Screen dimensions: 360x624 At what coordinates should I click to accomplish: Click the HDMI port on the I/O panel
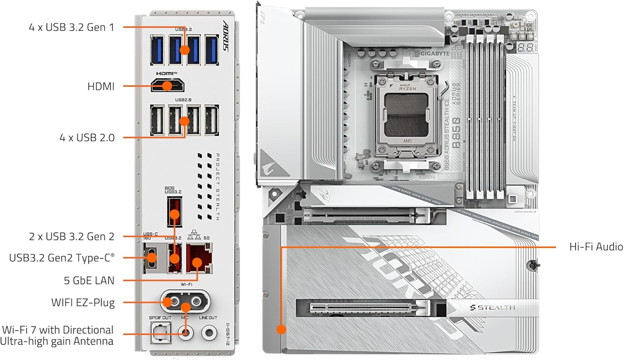[168, 86]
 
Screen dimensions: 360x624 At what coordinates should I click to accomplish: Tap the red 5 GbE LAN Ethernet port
[198, 259]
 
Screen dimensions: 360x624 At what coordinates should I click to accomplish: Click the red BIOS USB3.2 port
[174, 212]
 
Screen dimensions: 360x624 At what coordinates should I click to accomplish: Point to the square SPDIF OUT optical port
[160, 332]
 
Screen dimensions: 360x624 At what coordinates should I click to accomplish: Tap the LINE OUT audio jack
[209, 333]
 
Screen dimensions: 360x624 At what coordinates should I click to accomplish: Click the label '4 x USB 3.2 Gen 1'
[71, 27]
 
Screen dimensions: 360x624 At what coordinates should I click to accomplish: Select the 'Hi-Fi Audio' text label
[596, 247]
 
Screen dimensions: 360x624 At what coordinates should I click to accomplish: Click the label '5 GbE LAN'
[89, 281]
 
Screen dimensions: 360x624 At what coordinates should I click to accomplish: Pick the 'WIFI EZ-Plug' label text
[83, 303]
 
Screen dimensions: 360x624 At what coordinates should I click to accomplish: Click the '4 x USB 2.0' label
[87, 138]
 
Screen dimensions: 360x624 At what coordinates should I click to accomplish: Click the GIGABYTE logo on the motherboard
[435, 54]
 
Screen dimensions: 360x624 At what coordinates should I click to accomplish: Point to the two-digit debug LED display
[525, 47]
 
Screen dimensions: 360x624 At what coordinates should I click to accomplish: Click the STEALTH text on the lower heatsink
[495, 308]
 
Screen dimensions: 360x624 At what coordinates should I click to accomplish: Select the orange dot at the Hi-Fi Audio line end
[282, 330]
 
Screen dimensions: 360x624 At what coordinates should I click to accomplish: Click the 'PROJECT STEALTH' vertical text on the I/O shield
[217, 187]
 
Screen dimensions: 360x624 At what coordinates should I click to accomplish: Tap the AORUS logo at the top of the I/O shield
[226, 36]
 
